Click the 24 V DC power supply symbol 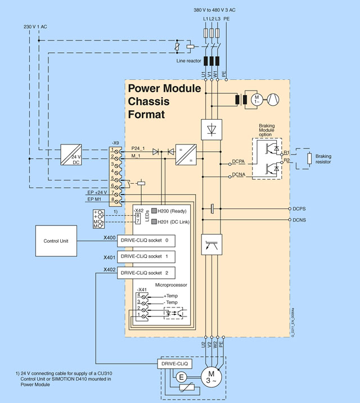tap(75, 155)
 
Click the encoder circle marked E tap(182, 378)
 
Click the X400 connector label tap(110, 238)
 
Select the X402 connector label tap(110, 270)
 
